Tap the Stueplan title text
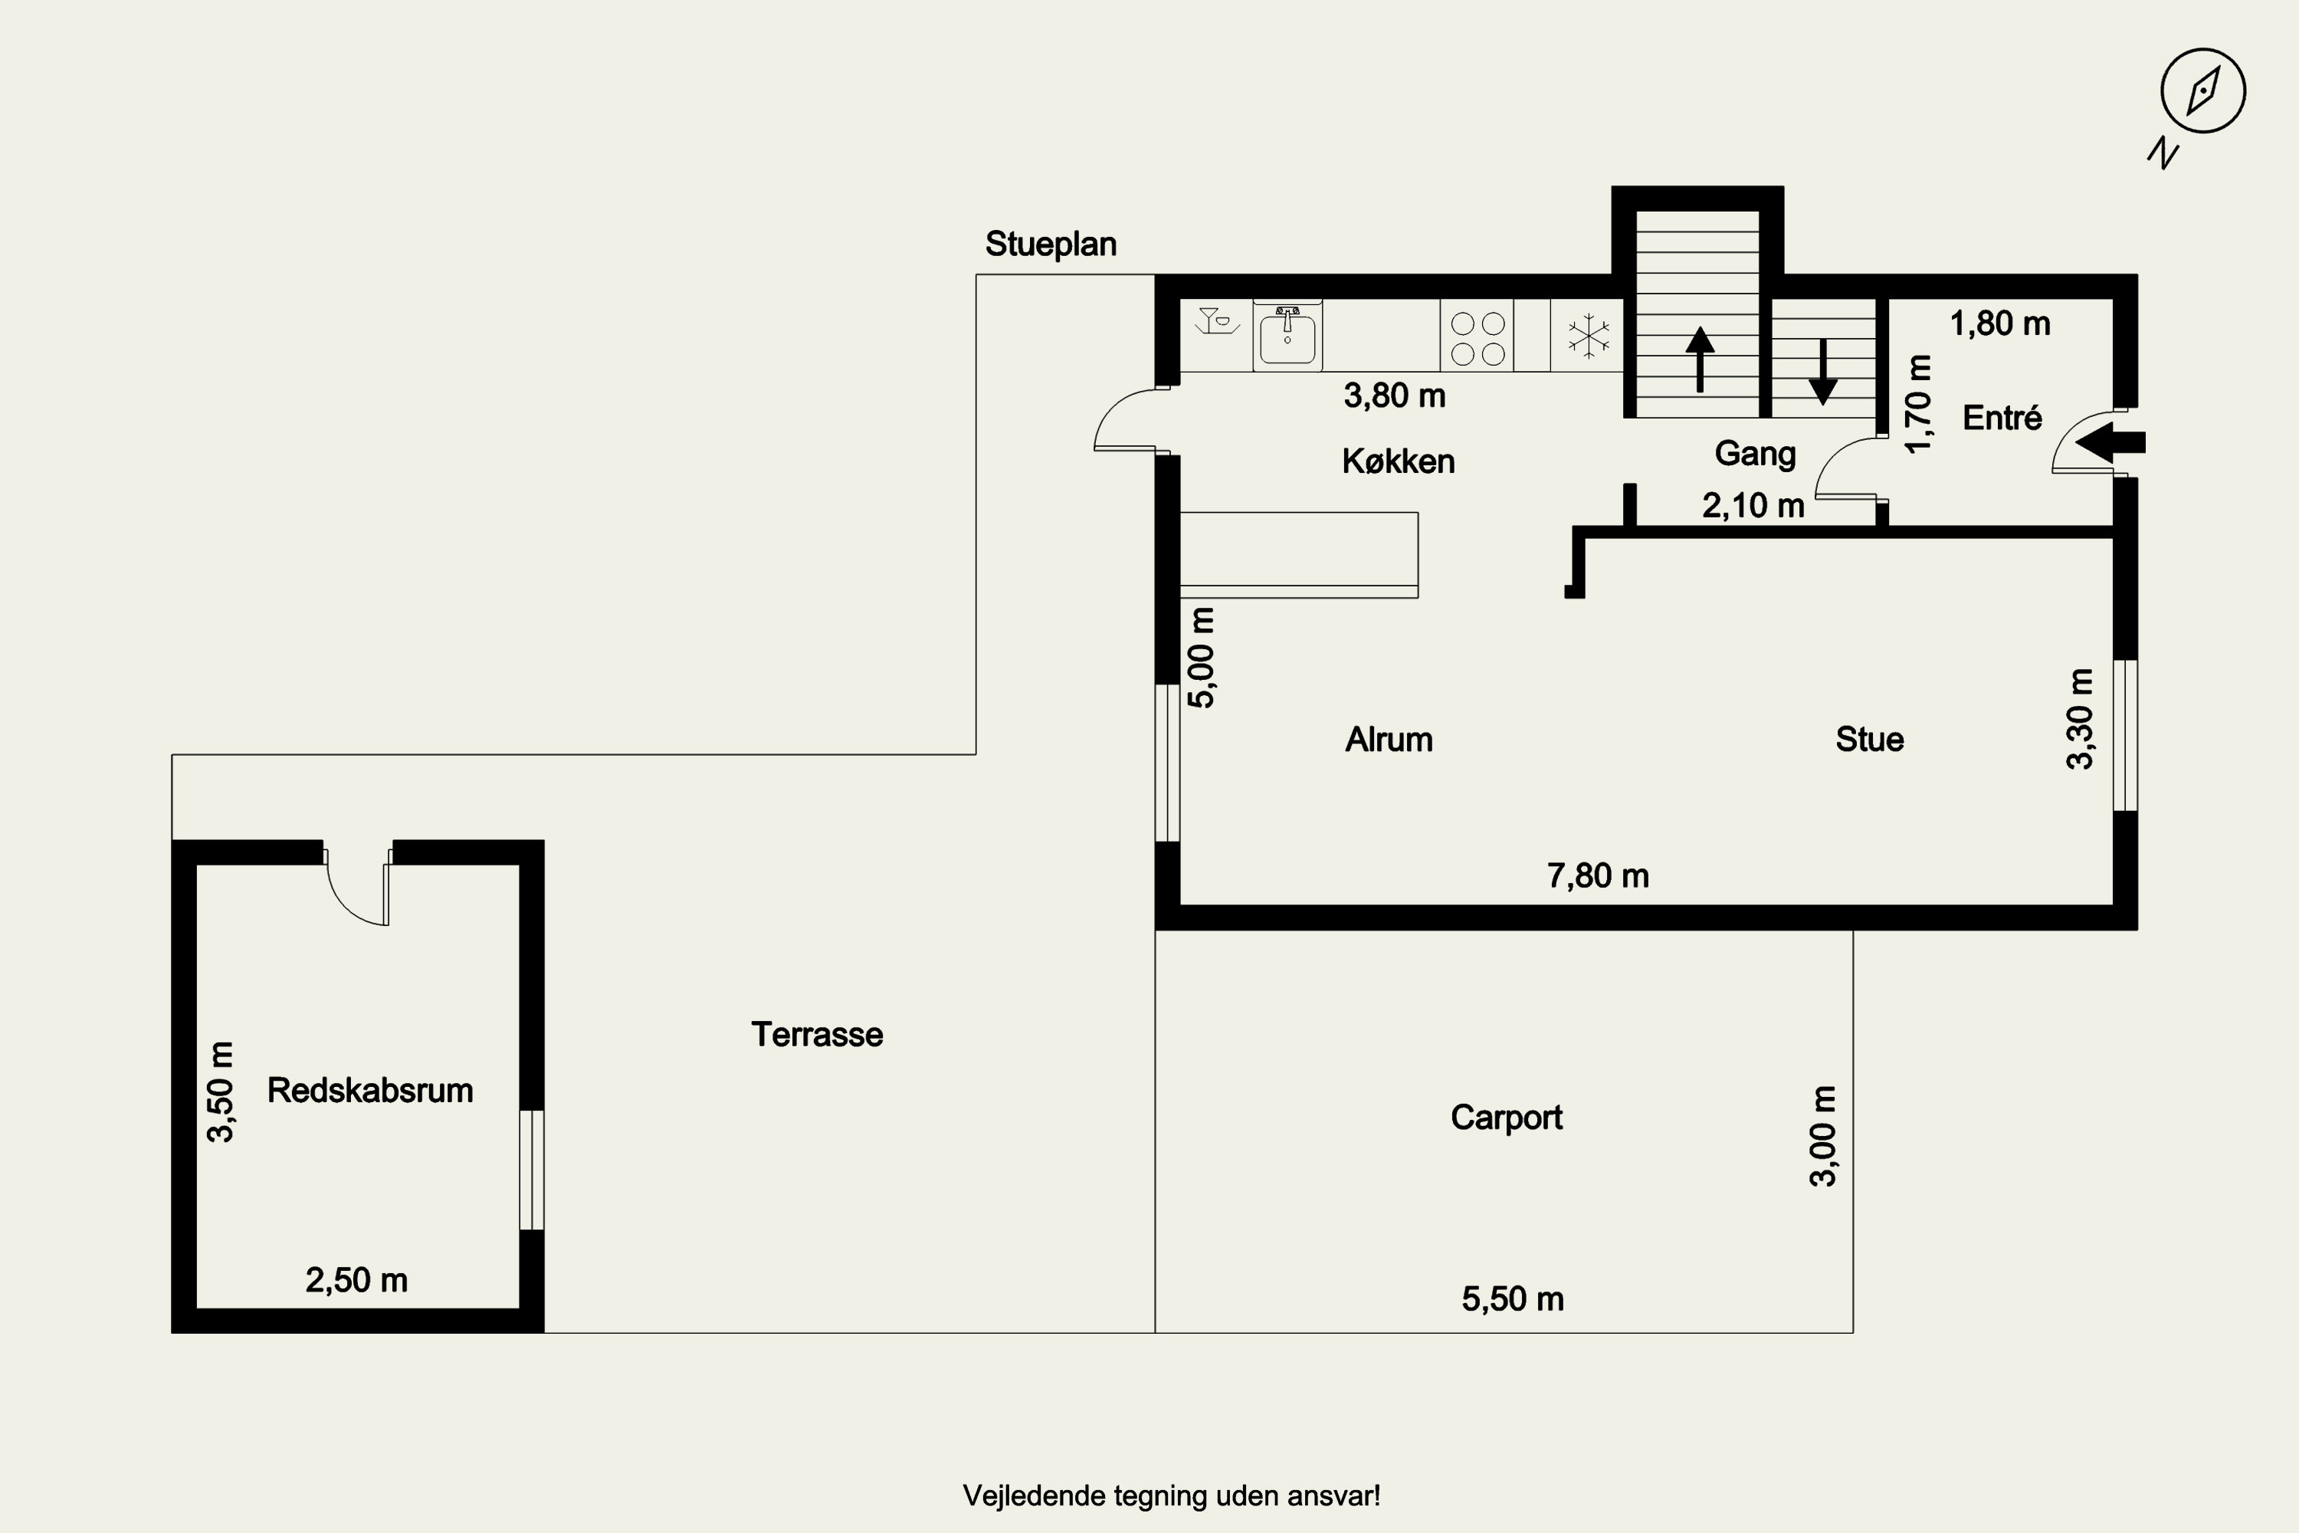[1051, 245]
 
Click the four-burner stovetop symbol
[1477, 337]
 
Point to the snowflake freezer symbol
[1589, 336]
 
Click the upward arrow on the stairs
[1700, 359]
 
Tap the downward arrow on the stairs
[1823, 372]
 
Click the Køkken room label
[1398, 461]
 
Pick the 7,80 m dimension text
[1598, 876]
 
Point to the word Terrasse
[817, 1034]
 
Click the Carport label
[1507, 1118]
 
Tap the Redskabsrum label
[370, 1090]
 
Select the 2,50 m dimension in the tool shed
[357, 1280]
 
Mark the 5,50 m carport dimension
[1513, 1298]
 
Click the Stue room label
[1869, 739]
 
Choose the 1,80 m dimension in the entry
[2000, 323]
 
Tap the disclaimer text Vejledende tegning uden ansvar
[1172, 1496]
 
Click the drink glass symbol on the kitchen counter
[1216, 320]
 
